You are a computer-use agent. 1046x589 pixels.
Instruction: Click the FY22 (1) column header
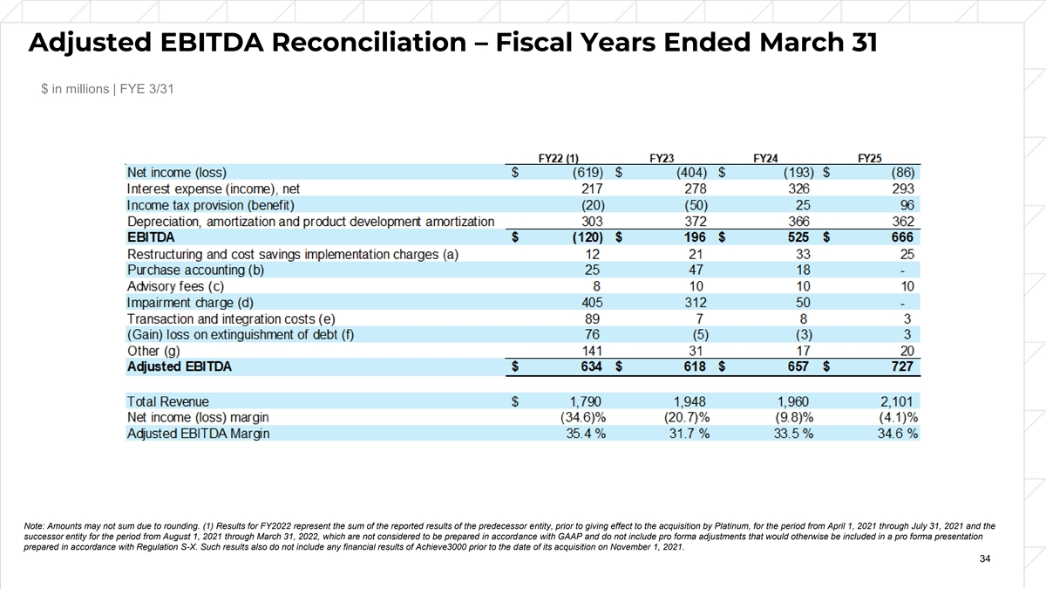[x=559, y=158]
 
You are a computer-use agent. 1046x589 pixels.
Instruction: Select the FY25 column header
[x=870, y=158]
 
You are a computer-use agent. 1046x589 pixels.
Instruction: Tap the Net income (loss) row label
[x=181, y=173]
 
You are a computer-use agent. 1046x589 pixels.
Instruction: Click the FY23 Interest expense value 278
[x=695, y=188]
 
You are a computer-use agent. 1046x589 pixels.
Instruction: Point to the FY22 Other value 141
[x=594, y=351]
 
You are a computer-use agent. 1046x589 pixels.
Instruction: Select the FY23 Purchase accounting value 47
[x=698, y=270]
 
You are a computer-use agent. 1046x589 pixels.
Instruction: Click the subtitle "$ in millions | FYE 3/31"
[x=109, y=90]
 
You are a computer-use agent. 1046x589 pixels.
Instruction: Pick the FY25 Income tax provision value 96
[x=903, y=205]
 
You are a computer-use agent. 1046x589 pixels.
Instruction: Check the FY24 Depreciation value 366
[x=797, y=222]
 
